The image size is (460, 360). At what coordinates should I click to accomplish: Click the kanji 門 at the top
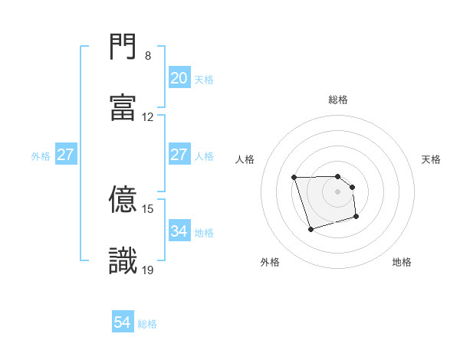pyautogui.click(x=123, y=47)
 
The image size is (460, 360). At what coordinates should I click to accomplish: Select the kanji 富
pyautogui.click(x=123, y=108)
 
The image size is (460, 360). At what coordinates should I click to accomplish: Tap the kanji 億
pyautogui.click(x=123, y=200)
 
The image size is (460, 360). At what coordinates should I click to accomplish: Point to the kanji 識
pyautogui.click(x=123, y=260)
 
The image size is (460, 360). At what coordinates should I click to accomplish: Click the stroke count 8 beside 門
pyautogui.click(x=148, y=56)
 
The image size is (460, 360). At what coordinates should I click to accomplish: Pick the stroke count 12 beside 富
pyautogui.click(x=148, y=117)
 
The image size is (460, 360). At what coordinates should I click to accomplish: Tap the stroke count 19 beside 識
pyautogui.click(x=148, y=270)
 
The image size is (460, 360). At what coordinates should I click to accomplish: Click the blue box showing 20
pyautogui.click(x=179, y=78)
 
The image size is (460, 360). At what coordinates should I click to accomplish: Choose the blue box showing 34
pyautogui.click(x=179, y=231)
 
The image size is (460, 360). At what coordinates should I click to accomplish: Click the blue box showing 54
pyautogui.click(x=123, y=323)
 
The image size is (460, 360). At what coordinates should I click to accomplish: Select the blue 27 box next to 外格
pyautogui.click(x=65, y=155)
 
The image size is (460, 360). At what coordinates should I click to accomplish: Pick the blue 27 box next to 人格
pyautogui.click(x=179, y=155)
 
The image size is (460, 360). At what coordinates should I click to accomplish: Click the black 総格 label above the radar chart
pyautogui.click(x=338, y=100)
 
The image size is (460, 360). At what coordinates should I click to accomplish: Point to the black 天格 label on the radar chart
pyautogui.click(x=432, y=159)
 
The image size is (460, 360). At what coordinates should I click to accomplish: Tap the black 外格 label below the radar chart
pyautogui.click(x=270, y=262)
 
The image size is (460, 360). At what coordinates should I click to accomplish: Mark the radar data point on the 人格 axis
pyautogui.click(x=294, y=178)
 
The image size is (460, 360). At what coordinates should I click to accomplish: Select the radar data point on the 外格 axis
pyautogui.click(x=310, y=229)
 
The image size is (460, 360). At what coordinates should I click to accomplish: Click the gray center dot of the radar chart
pyautogui.click(x=338, y=191)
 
